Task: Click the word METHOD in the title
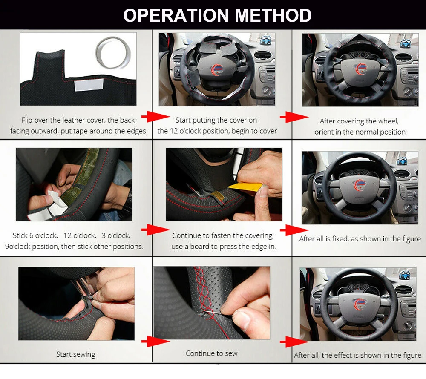point(273,15)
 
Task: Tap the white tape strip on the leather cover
point(89,85)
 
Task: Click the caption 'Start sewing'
point(76,354)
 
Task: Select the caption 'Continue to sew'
point(211,353)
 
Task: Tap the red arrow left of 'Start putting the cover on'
point(155,117)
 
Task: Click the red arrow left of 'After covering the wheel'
point(294,117)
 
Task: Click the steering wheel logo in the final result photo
point(360,304)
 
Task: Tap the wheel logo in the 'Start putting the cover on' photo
point(217,69)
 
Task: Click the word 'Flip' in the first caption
point(27,120)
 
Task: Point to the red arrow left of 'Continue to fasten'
point(155,230)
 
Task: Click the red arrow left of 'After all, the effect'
point(294,342)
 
